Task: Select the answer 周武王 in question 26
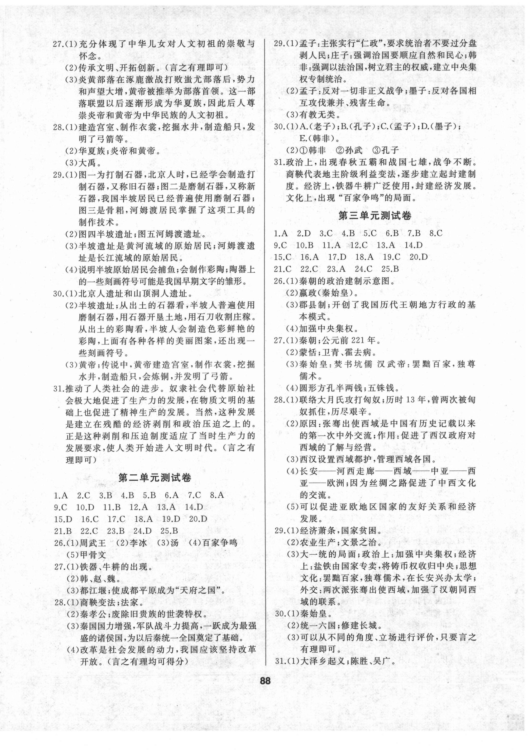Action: click(x=92, y=542)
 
